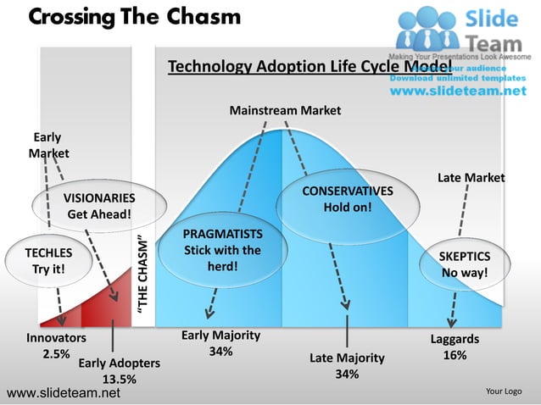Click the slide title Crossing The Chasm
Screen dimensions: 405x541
[x=134, y=17]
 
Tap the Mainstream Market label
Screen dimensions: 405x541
[x=285, y=110]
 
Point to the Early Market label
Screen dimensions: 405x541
[x=48, y=145]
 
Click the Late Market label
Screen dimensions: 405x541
[x=471, y=177]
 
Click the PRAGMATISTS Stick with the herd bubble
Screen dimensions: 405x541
[x=222, y=250]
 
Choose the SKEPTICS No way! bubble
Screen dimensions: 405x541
[x=464, y=265]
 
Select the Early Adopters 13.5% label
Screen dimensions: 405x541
[x=119, y=371]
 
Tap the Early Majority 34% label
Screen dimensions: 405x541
[x=220, y=343]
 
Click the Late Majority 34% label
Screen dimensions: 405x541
[x=346, y=365]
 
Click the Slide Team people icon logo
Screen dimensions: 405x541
[x=429, y=28]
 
